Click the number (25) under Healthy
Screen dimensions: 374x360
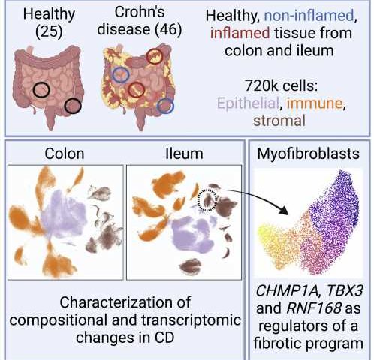coord(49,32)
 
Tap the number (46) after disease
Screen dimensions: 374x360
coord(168,30)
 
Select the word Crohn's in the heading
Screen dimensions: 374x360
coord(139,12)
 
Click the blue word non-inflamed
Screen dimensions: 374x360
coord(309,16)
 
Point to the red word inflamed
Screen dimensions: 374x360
coord(240,33)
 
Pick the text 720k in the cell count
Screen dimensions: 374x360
coord(258,85)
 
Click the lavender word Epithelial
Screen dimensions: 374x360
coord(248,103)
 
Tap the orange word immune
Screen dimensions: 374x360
coord(314,103)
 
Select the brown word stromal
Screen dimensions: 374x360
coord(279,121)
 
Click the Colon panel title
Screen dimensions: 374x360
coord(65,154)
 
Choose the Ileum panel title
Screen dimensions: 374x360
coord(184,154)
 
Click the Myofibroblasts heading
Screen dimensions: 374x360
coord(308,154)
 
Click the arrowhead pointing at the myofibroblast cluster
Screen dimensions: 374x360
coord(284,211)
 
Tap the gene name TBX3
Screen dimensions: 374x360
coord(345,290)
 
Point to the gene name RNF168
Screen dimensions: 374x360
coord(314,308)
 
